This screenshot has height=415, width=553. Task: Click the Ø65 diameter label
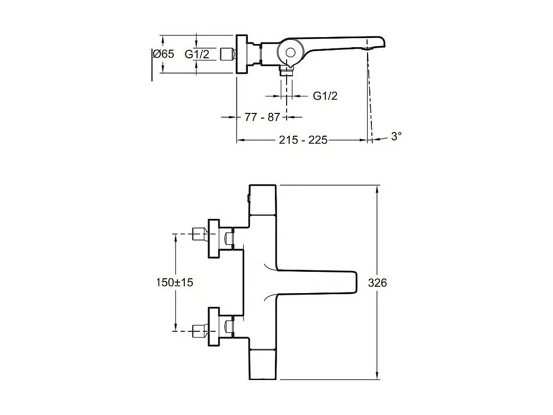pyautogui.click(x=163, y=54)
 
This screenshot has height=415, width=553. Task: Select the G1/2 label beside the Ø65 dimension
pyautogui.click(x=197, y=54)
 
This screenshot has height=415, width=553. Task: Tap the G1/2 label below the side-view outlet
pyautogui.click(x=325, y=96)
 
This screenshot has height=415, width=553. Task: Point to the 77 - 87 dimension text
pyautogui.click(x=262, y=117)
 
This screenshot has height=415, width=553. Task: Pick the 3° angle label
pyautogui.click(x=396, y=136)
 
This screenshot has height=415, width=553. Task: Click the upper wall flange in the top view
pyautogui.click(x=215, y=238)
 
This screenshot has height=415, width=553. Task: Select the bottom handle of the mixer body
pyautogui.click(x=263, y=365)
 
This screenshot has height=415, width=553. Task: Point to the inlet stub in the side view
pyautogui.click(x=228, y=54)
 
